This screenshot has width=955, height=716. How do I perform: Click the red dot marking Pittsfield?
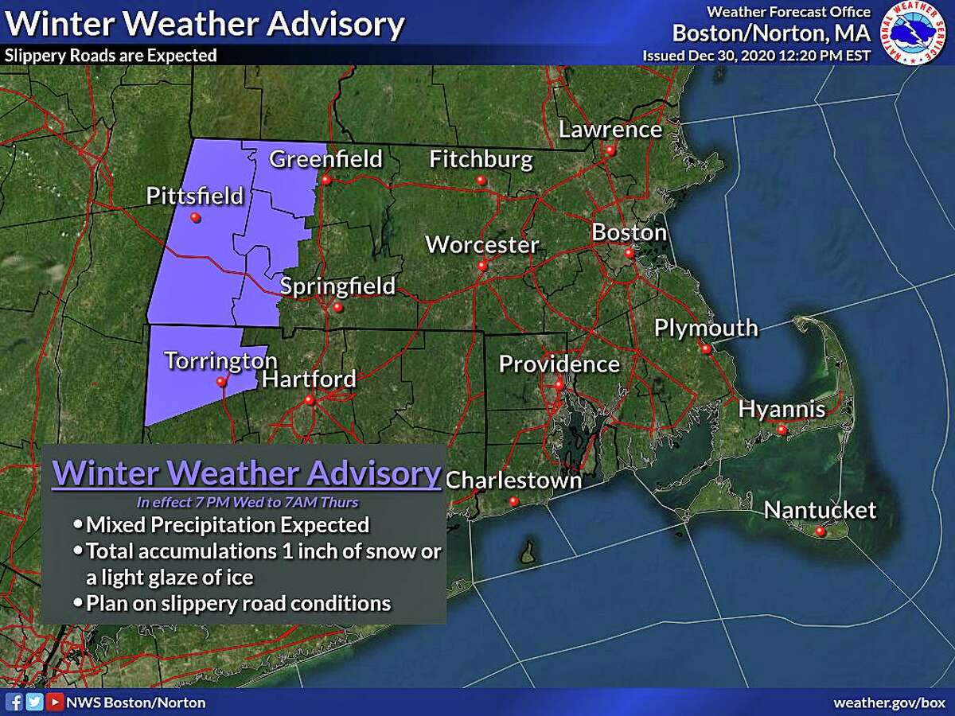click(x=195, y=218)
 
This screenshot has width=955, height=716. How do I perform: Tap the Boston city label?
click(x=629, y=232)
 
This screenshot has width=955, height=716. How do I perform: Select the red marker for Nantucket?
click(x=821, y=531)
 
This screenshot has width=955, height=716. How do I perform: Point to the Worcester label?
click(x=482, y=244)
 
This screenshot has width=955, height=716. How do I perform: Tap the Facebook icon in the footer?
click(x=14, y=702)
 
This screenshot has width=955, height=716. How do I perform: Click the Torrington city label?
click(x=221, y=360)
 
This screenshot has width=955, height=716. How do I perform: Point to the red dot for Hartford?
click(x=310, y=400)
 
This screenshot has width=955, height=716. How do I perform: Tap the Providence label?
click(x=559, y=364)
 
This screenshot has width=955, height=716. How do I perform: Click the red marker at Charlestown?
click(x=514, y=501)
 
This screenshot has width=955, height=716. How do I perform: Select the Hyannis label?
click(x=782, y=409)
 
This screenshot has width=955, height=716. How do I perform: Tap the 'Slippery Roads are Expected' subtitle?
click(x=111, y=56)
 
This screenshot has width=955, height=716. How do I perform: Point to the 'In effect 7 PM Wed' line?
click(x=248, y=501)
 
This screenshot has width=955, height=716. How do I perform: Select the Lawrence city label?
click(x=610, y=129)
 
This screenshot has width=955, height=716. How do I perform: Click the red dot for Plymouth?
click(x=705, y=348)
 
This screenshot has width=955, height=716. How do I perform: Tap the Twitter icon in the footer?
click(x=34, y=702)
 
